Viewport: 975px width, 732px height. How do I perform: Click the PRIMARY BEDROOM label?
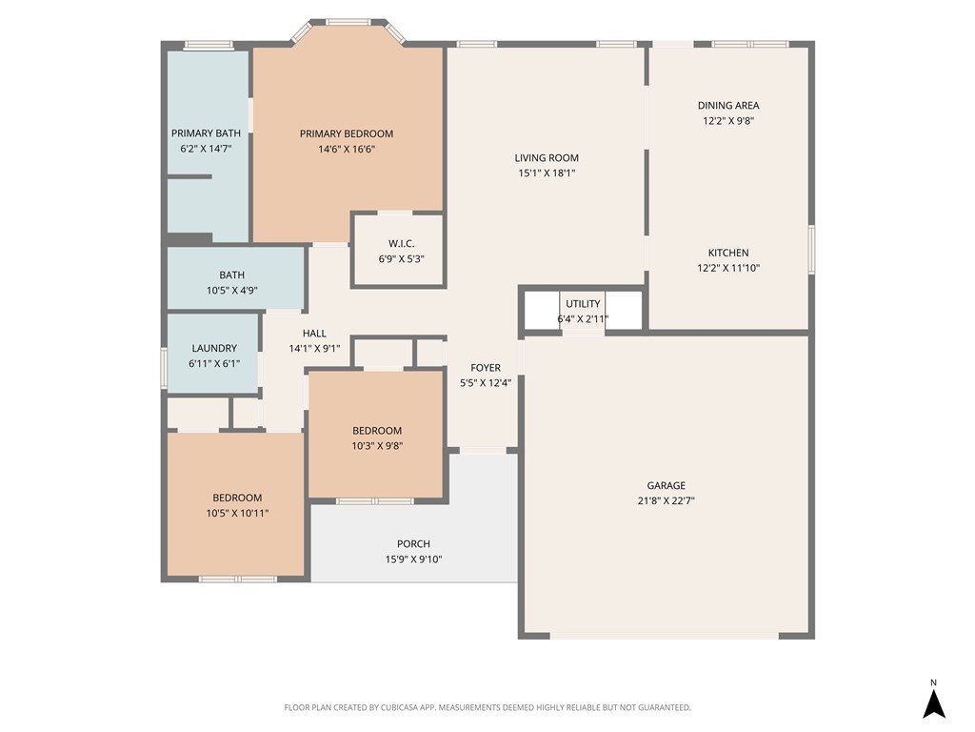pos(346,133)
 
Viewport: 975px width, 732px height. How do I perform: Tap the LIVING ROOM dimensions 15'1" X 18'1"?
pos(547,173)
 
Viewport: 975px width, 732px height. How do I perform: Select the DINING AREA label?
pos(728,106)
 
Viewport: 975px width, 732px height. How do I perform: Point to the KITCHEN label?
pos(728,253)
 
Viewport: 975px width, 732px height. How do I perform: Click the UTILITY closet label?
pos(583,304)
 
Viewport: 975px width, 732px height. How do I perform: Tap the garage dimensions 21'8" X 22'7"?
pos(666,500)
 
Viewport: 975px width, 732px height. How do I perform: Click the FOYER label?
pos(486,368)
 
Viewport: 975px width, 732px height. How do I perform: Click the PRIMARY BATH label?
pos(206,133)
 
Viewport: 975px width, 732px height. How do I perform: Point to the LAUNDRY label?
pos(213,349)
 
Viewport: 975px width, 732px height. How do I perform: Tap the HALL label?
pos(314,334)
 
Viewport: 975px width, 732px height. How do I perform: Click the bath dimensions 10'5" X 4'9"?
pos(231,291)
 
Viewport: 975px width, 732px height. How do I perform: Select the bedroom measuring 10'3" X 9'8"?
pos(377,437)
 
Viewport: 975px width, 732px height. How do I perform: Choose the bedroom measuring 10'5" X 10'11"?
pos(237,505)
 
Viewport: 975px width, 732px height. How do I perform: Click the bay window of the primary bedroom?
pos(348,22)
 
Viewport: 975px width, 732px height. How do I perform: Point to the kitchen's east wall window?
pos(811,250)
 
